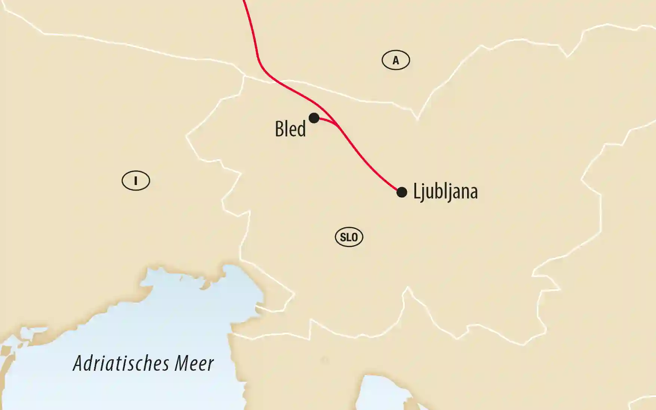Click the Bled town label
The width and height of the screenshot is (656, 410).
pyautogui.click(x=290, y=129)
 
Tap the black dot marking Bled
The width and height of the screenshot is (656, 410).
pyautogui.click(x=314, y=118)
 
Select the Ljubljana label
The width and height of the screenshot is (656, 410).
pyautogui.click(x=445, y=192)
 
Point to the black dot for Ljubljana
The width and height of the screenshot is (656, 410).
pyautogui.click(x=402, y=192)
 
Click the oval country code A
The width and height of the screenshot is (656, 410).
pyautogui.click(x=396, y=60)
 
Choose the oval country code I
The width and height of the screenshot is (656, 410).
pyautogui.click(x=136, y=181)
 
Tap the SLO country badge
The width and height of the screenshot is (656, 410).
pyautogui.click(x=349, y=237)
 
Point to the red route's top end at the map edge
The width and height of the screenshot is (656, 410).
pyautogui.click(x=244, y=1)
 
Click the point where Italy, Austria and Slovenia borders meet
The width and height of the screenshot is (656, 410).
pyautogui.click(x=245, y=76)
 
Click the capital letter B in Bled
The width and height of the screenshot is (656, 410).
pyautogui.click(x=279, y=129)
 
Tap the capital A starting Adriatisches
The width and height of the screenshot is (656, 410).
pyautogui.click(x=78, y=363)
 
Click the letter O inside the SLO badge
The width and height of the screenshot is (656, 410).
pyautogui.click(x=355, y=237)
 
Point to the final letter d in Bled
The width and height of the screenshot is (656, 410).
pyautogui.click(x=302, y=129)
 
